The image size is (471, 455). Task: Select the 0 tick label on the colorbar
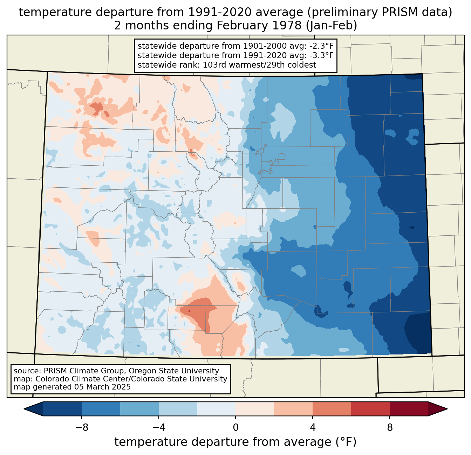[x=235, y=428]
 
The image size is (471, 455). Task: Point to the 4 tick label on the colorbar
[x=313, y=428]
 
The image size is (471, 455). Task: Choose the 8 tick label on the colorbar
[x=390, y=428]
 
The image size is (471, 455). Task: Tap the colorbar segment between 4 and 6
[x=332, y=409]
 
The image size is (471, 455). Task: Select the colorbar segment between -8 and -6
[x=101, y=409]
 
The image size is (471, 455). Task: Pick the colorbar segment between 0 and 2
[x=255, y=409]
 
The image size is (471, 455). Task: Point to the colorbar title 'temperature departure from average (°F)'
[x=235, y=442]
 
